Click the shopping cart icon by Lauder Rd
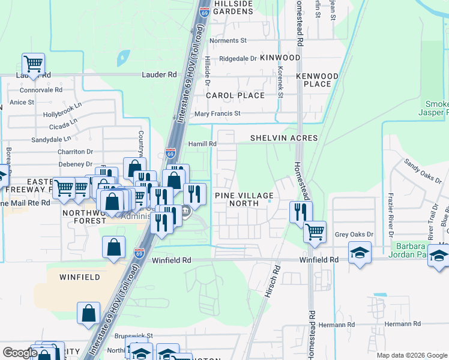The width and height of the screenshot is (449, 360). (34, 64)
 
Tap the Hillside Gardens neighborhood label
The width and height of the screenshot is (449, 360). (233, 7)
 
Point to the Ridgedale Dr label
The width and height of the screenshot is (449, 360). (238, 59)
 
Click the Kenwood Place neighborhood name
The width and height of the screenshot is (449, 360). (318, 80)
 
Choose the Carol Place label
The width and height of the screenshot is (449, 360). (235, 95)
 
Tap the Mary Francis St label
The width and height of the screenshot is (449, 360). (218, 113)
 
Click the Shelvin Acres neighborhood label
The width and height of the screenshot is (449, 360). (284, 138)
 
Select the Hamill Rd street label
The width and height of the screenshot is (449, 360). (202, 144)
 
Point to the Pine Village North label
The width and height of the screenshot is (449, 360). (244, 199)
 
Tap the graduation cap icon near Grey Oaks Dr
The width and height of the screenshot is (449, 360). (360, 252)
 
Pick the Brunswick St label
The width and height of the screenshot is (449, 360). (135, 336)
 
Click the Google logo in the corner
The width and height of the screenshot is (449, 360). (20, 353)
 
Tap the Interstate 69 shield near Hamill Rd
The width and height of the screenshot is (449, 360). (171, 154)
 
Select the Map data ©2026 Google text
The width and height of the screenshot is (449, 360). (412, 355)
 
